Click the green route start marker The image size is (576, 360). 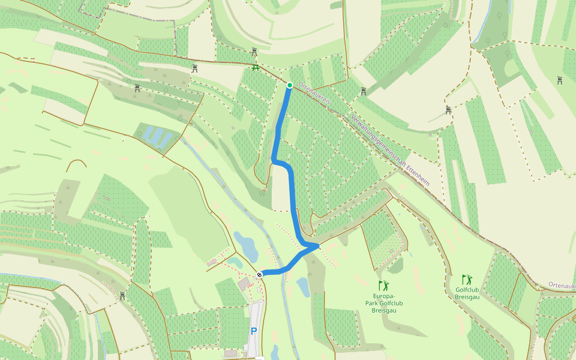[x=289, y=85]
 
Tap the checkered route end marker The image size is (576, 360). [x=259, y=274]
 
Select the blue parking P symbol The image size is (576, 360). [x=254, y=331]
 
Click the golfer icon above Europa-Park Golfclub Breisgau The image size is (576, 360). [x=383, y=286]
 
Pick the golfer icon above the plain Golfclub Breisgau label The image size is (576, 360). [x=467, y=280]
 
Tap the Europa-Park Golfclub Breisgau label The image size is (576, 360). [x=384, y=302]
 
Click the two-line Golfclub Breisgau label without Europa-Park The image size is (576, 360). [x=467, y=293]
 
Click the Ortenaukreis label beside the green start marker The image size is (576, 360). [x=314, y=94]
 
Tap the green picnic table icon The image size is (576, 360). [x=256, y=68]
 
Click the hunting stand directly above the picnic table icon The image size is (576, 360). [x=254, y=52]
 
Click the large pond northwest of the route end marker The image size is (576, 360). [x=246, y=246]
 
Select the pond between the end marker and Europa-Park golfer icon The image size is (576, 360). [x=303, y=287]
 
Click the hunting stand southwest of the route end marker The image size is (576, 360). [x=122, y=295]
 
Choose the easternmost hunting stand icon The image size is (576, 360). [x=559, y=80]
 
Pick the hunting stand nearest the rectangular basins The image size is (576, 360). [x=137, y=89]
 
